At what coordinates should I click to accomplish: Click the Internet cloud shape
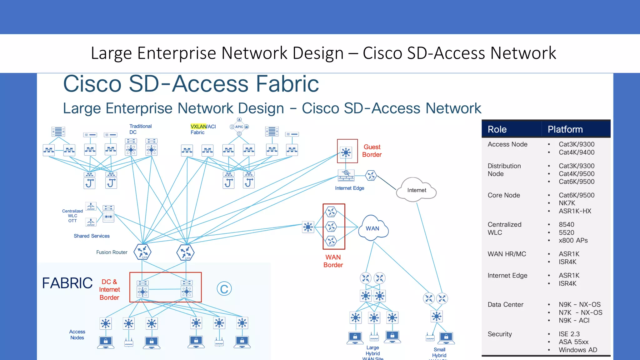tap(416, 190)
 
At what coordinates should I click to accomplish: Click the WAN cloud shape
tap(373, 228)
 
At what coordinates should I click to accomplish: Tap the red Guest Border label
tap(372, 151)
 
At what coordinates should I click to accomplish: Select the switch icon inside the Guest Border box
tap(346, 152)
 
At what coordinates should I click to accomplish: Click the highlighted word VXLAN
tap(198, 127)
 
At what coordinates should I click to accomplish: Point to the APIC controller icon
tap(239, 127)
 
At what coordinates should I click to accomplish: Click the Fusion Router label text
tap(112, 252)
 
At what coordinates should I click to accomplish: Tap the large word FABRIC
tap(67, 283)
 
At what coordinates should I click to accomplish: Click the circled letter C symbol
tap(224, 289)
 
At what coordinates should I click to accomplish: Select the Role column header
tap(497, 129)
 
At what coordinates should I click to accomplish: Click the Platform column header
tap(565, 129)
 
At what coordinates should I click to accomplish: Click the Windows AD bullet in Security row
tap(577, 350)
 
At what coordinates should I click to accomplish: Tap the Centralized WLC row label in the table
tap(504, 228)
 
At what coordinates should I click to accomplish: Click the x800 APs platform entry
tap(573, 240)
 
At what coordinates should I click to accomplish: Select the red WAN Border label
tap(333, 261)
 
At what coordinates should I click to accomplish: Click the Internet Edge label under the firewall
tap(349, 188)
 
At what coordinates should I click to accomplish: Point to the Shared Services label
tap(92, 236)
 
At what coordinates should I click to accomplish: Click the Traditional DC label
tap(140, 129)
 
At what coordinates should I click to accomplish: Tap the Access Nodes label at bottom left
tap(77, 334)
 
